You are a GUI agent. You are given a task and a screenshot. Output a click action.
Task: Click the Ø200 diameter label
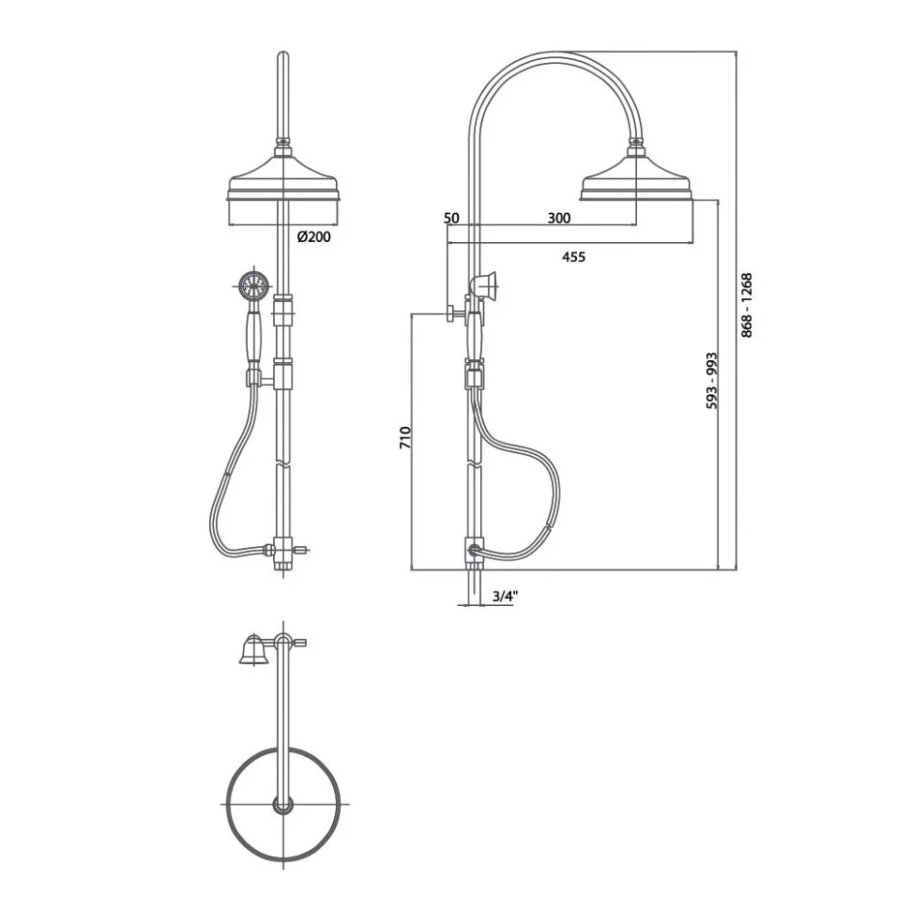click(x=313, y=236)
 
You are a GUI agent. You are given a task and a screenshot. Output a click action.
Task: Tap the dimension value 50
click(x=451, y=218)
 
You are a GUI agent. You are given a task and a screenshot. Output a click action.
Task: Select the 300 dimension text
click(x=559, y=218)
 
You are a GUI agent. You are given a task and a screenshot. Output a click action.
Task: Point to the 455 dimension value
click(x=574, y=256)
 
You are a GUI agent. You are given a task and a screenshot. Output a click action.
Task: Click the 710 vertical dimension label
click(x=405, y=437)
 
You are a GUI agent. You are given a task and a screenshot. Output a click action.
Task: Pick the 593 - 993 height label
click(x=711, y=381)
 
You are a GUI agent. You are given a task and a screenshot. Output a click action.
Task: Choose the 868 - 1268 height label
click(x=747, y=305)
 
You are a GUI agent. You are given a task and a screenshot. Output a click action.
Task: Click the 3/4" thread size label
click(x=505, y=596)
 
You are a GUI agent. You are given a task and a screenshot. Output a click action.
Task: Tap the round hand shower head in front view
click(x=252, y=284)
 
